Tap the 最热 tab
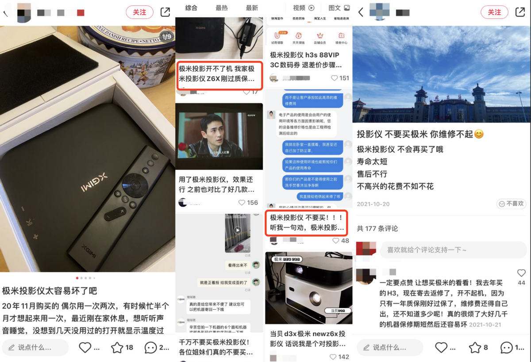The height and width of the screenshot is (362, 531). tap(222, 8)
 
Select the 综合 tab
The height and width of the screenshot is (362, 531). tap(191, 8)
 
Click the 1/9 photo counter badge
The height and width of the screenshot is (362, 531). tap(166, 37)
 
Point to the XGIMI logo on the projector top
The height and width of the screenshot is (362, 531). tap(94, 183)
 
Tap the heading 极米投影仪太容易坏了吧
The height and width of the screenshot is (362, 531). tap(50, 291)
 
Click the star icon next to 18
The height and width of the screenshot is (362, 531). tap(117, 348)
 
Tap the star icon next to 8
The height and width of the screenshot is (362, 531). tap(475, 348)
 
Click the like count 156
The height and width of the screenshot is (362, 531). tap(252, 202)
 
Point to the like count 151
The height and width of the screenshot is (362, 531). tap(344, 78)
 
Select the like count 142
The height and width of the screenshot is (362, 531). tap(343, 357)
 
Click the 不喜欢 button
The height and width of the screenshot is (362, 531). tap(511, 204)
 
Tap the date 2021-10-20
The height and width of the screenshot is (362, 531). tap(373, 204)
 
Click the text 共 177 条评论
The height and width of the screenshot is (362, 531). tap(377, 228)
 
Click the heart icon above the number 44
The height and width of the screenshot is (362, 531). tap(521, 273)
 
